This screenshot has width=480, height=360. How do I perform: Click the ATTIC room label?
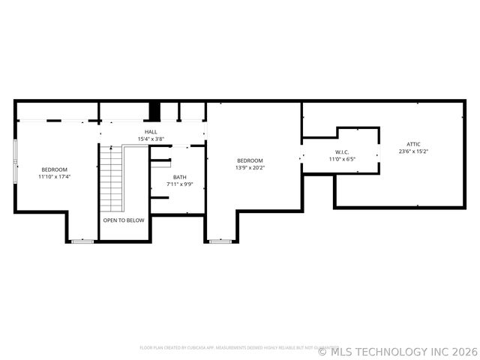click(414, 144)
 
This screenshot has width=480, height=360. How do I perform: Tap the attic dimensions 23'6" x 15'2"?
click(414, 151)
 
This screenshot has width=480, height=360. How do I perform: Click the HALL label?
click(151, 132)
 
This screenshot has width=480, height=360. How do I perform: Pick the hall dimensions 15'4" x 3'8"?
click(151, 139)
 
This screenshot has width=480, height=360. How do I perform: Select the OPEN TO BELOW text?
click(124, 220)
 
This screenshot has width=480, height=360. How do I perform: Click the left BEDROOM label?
click(54, 169)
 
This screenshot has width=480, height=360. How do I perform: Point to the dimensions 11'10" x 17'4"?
click(54, 177)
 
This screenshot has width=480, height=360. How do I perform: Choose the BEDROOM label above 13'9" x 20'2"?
click(250, 160)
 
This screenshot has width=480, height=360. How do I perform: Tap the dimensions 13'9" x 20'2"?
click(250, 168)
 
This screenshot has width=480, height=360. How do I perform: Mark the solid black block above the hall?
click(154, 111)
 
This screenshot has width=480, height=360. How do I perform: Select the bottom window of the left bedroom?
click(82, 241)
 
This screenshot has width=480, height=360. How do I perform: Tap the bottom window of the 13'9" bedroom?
click(220, 241)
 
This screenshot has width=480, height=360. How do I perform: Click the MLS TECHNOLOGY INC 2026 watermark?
click(398, 351)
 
